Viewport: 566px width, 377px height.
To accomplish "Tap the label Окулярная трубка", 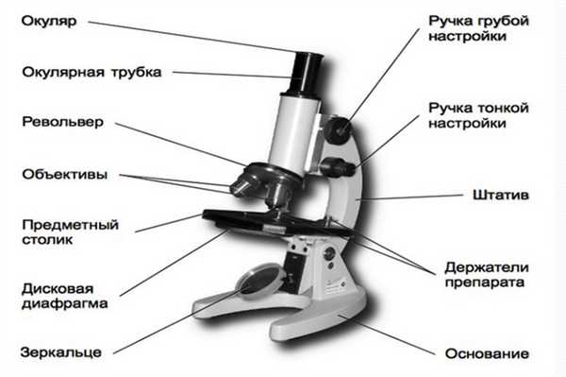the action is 92,72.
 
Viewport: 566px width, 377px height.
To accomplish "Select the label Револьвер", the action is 59,123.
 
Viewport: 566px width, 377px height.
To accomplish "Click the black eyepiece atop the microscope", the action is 310,62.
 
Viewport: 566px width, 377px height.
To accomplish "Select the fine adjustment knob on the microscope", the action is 332,167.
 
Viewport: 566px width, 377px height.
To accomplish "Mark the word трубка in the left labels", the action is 136,72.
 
